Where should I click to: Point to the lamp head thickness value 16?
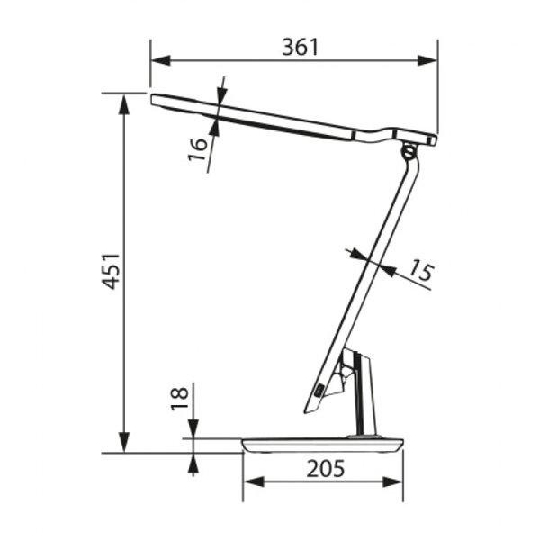200,145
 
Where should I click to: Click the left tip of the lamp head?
154,99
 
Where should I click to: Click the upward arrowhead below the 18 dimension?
193,463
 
